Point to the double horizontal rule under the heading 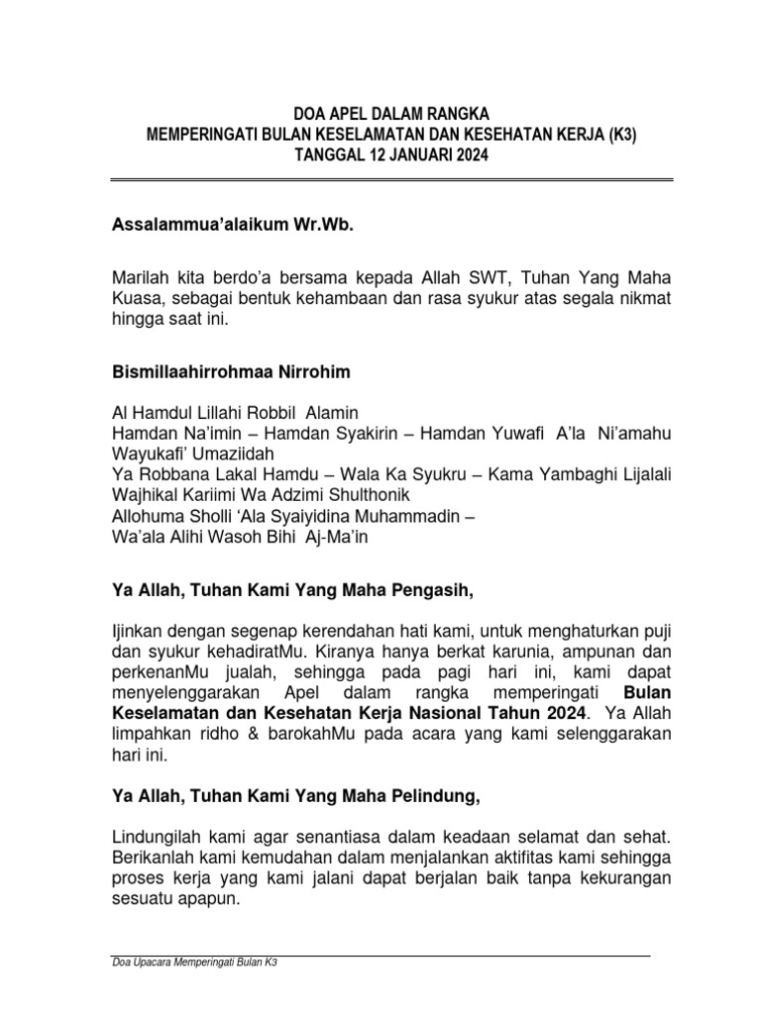(x=391, y=180)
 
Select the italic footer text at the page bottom (x=194, y=963)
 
